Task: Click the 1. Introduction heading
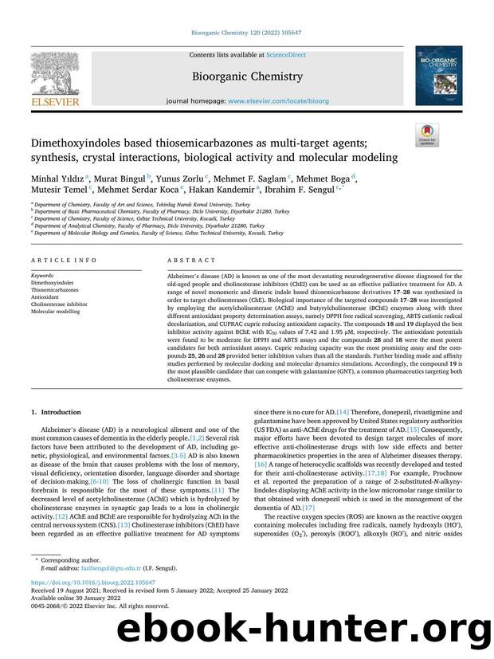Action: (55, 413)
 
